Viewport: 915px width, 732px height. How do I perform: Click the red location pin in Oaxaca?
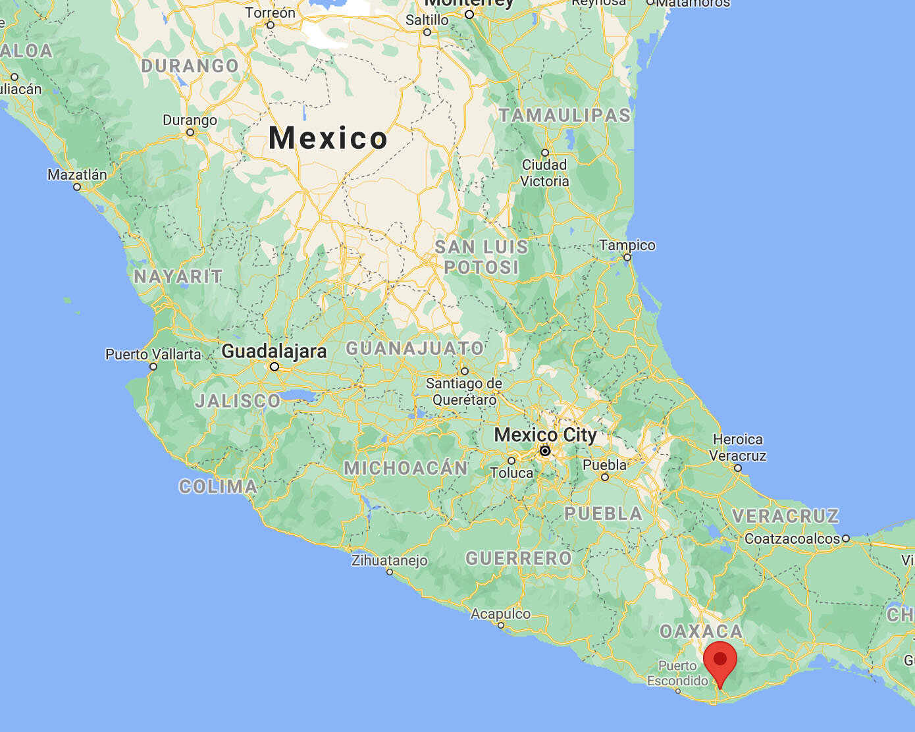719,661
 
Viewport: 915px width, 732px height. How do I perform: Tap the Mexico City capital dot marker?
545,451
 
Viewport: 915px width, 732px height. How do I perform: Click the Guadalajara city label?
274,351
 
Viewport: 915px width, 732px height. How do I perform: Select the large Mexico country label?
328,138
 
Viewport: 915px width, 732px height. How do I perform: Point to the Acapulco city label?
500,614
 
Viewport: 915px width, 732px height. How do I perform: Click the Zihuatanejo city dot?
390,572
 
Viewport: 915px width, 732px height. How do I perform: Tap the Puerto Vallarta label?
153,354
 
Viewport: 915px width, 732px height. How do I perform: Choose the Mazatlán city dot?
77,187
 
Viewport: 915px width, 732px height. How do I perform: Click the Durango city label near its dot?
190,120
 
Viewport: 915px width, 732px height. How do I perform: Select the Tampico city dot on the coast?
627,257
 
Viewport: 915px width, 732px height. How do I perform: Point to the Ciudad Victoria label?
544,172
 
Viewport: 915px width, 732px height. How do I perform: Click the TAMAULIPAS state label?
565,116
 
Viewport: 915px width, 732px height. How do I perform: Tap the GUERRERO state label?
519,559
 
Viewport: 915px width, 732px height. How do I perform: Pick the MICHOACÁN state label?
405,468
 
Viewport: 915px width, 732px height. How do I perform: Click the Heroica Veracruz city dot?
738,468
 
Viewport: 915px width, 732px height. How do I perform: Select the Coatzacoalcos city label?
792,538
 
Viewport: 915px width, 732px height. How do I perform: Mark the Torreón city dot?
271,25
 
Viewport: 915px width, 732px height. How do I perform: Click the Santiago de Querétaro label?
464,391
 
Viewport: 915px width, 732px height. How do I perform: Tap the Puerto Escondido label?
677,673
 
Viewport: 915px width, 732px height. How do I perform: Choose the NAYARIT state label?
178,276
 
